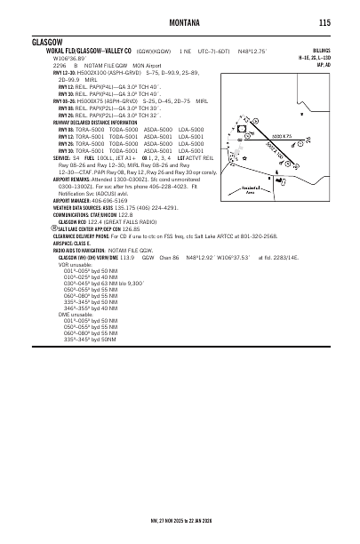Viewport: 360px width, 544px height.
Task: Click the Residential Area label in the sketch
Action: click(x=252, y=189)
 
